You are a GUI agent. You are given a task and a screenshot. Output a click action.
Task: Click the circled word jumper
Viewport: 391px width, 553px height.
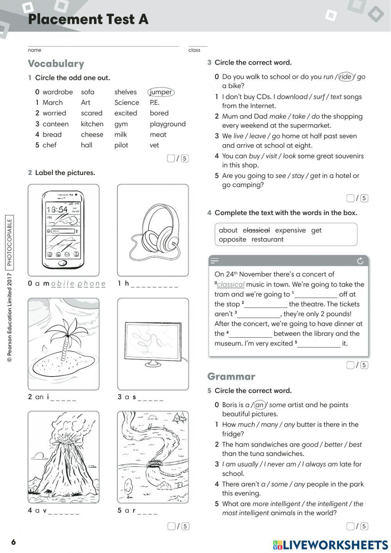click(161, 92)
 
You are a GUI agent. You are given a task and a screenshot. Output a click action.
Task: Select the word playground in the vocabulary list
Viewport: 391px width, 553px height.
click(167, 124)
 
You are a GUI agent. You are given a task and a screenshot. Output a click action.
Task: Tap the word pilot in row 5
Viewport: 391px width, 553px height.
click(121, 145)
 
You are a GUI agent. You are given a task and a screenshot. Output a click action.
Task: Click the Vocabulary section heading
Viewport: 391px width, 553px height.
click(56, 64)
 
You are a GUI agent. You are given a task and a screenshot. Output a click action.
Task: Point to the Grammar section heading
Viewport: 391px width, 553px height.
click(231, 376)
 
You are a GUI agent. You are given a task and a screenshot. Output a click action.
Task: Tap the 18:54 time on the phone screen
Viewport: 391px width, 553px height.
click(57, 209)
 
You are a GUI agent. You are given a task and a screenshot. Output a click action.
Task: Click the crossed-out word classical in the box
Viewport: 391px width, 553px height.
click(256, 230)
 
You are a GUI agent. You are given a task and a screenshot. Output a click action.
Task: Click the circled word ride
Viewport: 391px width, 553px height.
click(345, 77)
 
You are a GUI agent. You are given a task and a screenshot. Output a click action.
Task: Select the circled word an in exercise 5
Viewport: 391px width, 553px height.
click(259, 405)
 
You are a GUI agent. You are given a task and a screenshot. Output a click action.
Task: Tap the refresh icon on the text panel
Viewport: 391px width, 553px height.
click(360, 261)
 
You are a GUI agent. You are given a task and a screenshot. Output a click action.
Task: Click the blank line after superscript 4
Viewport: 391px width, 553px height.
click(250, 334)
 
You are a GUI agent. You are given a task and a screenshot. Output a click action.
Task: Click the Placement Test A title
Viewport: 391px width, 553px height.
click(88, 19)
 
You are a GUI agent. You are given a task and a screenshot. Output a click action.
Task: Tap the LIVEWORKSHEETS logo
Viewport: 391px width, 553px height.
click(330, 545)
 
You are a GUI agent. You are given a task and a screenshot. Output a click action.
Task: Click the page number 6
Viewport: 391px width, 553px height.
click(14, 542)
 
